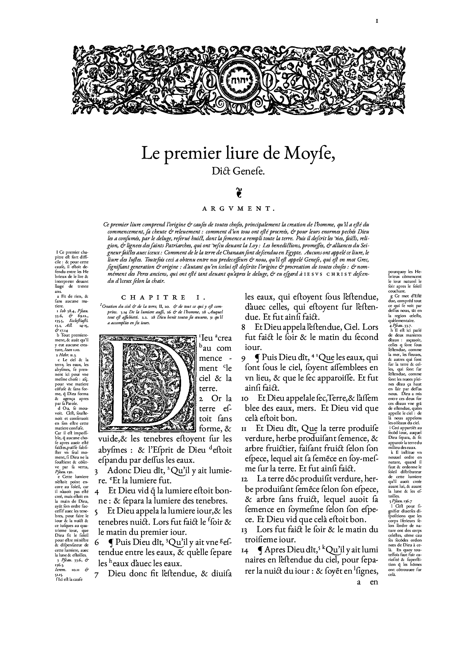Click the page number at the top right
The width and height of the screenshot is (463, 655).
coord(377,21)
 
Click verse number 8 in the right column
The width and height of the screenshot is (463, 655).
coord(243,327)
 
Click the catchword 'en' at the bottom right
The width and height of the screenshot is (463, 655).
coord(374,582)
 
